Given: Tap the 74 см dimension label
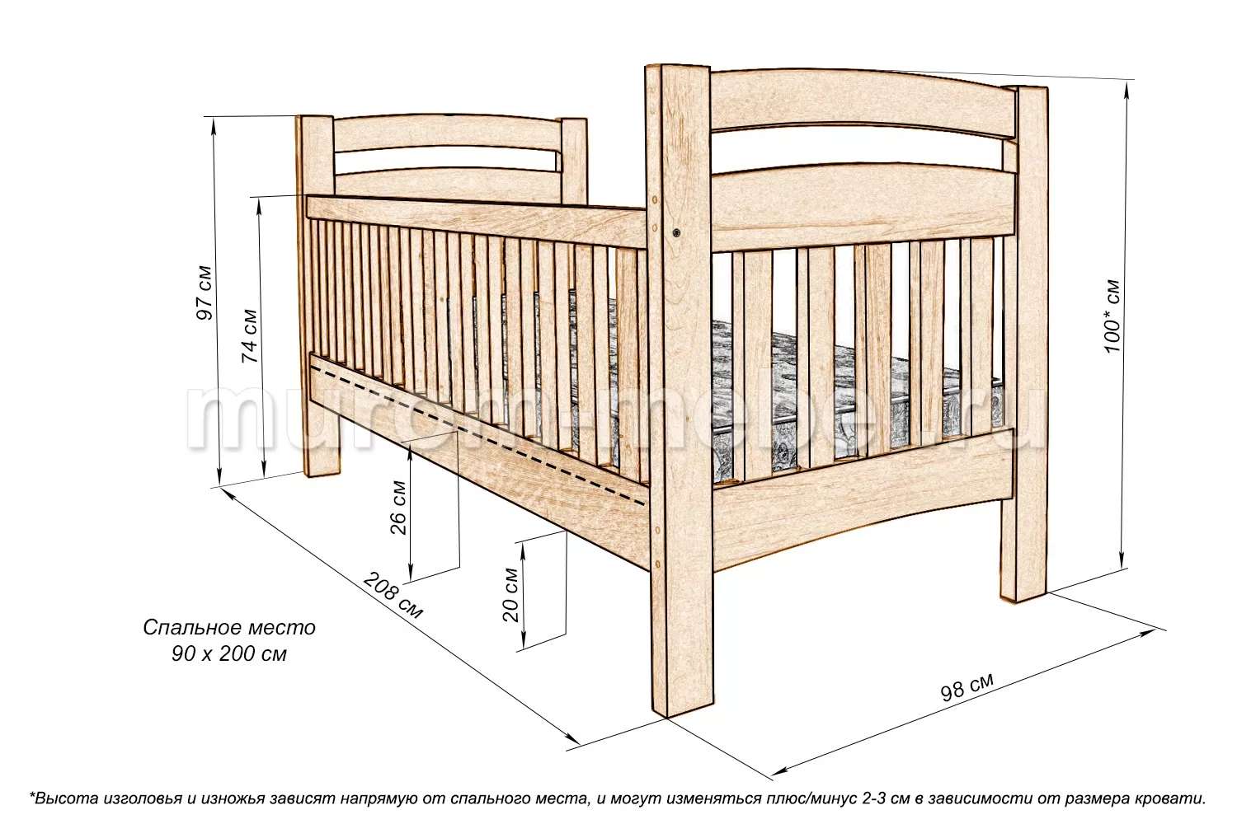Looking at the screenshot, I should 249,335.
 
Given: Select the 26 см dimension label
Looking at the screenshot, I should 398,507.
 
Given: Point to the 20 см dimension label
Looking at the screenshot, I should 510,594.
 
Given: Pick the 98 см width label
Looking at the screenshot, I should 967,686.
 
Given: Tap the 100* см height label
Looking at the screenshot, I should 1112,317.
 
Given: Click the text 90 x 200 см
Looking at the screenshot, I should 229,655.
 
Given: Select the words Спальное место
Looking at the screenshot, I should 229,628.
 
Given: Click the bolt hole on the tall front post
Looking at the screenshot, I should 676,233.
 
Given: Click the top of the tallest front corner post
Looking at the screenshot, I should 680,71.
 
